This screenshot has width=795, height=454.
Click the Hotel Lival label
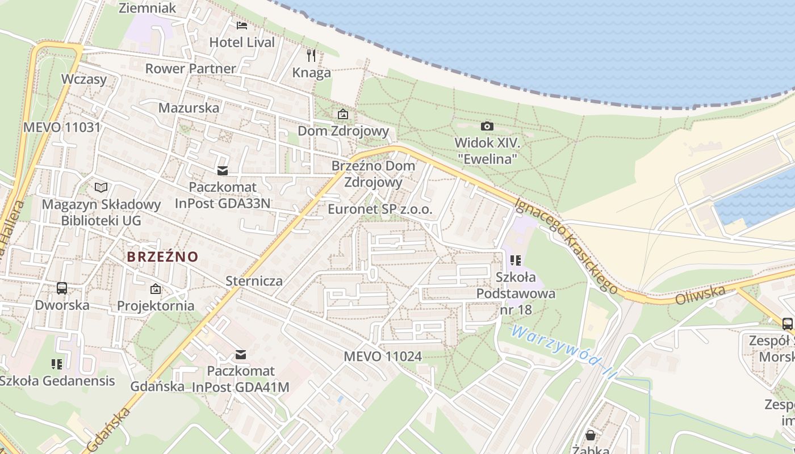pos(242,42)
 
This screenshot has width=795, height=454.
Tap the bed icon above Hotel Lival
pos(242,25)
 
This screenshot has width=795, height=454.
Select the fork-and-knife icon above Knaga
pos(311,55)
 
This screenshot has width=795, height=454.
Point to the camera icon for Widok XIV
pos(487,126)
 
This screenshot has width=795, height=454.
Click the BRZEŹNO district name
pos(162,257)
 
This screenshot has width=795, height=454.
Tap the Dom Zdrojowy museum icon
pos(343,114)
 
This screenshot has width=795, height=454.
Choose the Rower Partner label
pos(190,69)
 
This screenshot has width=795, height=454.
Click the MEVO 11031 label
pos(61,127)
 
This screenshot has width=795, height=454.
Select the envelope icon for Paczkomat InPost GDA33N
pos(222,170)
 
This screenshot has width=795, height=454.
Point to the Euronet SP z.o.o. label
pos(380,209)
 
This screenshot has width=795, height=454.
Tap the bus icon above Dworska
pos(62,288)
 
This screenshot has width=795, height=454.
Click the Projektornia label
pos(156,306)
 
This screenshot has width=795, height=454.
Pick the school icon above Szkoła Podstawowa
pos(516,260)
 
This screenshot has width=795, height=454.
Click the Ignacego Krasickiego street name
pos(566,245)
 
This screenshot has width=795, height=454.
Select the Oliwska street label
pos(701,295)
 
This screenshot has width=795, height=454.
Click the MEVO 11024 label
pos(383,356)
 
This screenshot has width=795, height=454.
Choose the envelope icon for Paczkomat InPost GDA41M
pos(241,355)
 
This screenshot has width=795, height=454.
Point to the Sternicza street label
pos(254,281)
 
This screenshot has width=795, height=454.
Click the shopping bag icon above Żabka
pos(591,435)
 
